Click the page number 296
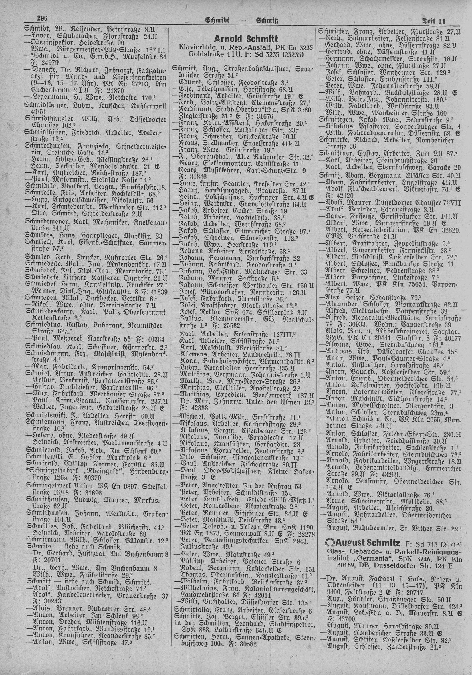(x=43, y=19)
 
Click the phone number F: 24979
(x=44, y=62)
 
